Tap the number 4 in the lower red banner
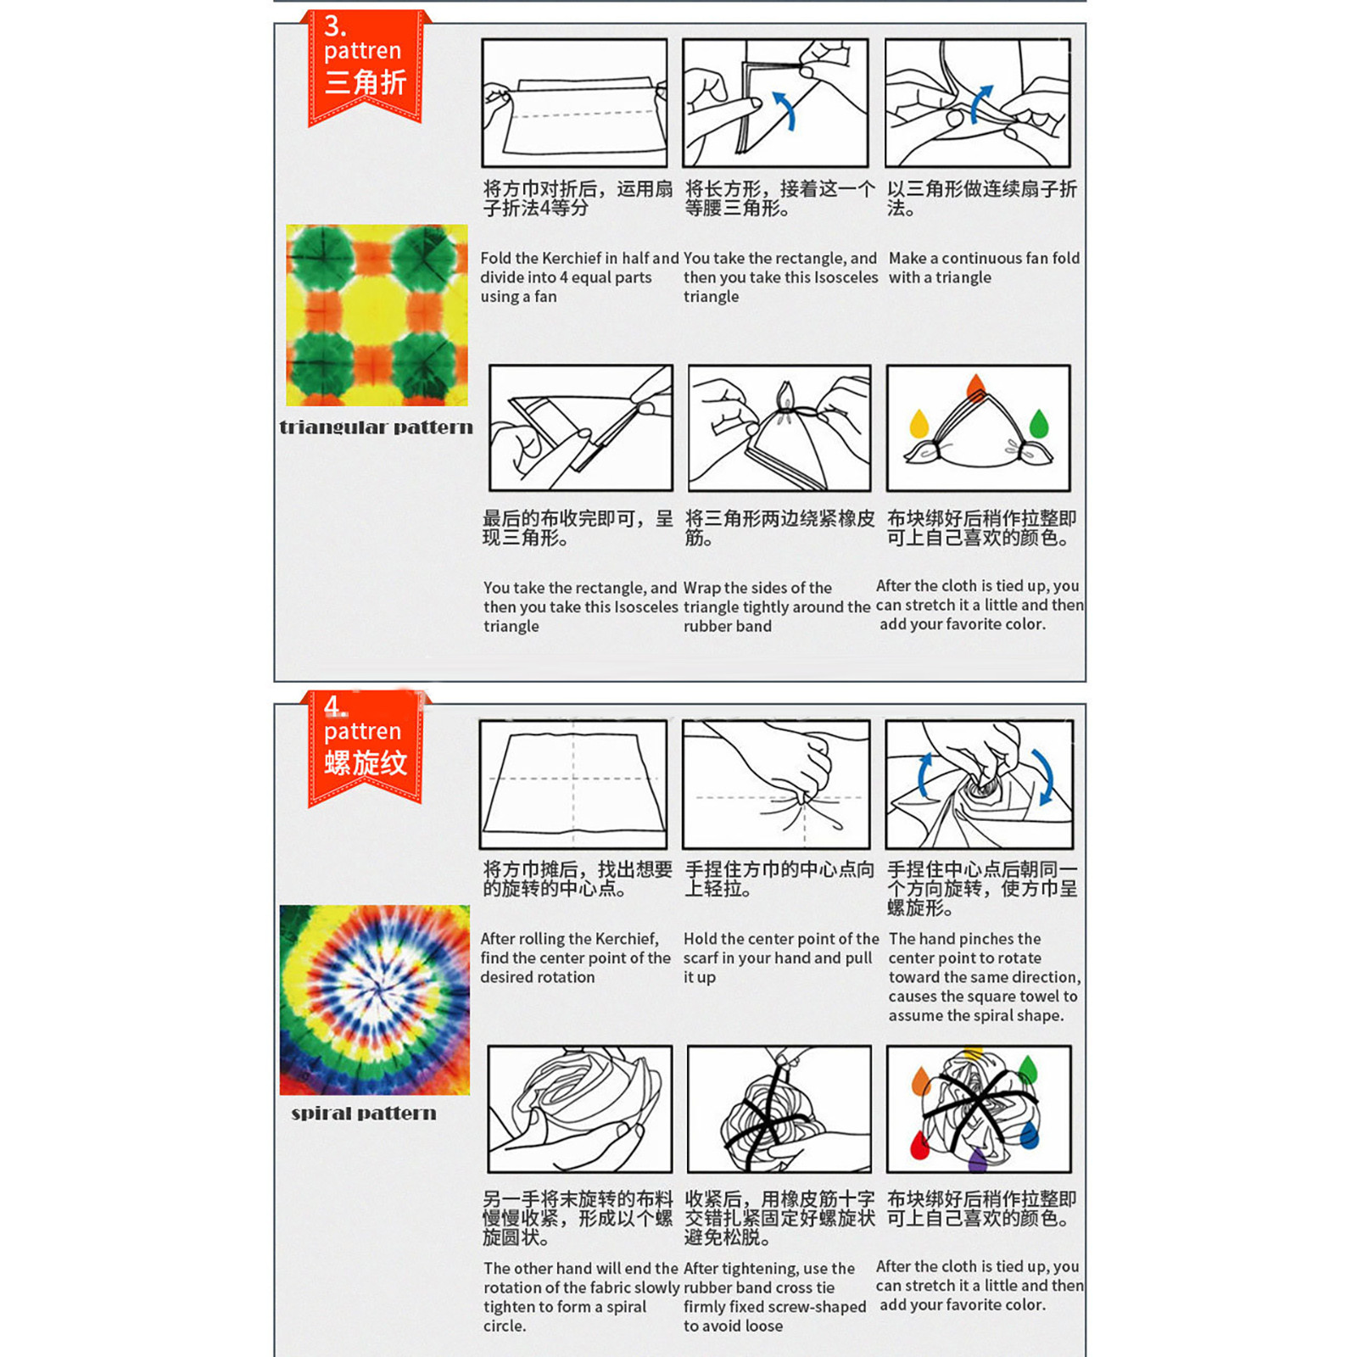(x=333, y=706)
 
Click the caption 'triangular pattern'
(x=376, y=427)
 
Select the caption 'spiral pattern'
(x=364, y=1113)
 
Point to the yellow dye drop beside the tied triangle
(x=919, y=423)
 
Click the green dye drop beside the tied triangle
(x=1038, y=422)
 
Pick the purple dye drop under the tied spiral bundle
(x=977, y=1159)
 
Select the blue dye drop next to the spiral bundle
(x=1030, y=1134)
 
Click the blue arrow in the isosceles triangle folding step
(x=785, y=111)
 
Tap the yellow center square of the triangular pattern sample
(x=377, y=315)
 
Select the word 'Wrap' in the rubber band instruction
(x=702, y=588)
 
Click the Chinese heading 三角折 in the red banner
(x=366, y=83)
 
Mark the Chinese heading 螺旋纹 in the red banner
(x=366, y=763)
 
